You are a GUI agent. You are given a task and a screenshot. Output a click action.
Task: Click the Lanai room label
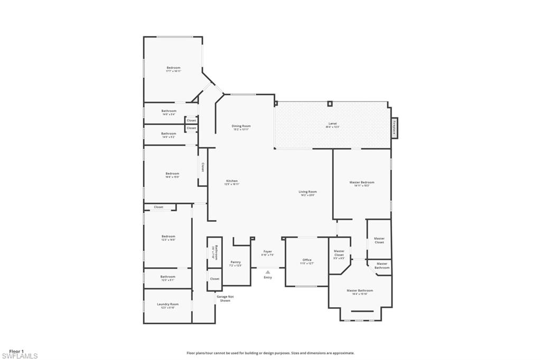(x=332, y=125)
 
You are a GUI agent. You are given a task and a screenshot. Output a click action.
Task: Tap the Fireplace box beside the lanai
(x=395, y=128)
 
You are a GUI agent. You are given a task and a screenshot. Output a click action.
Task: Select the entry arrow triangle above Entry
(x=268, y=272)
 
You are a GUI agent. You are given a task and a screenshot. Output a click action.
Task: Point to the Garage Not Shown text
(x=225, y=298)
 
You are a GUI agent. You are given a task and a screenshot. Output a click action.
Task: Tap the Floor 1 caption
(x=16, y=351)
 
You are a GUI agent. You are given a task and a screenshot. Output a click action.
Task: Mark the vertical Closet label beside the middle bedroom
(x=202, y=167)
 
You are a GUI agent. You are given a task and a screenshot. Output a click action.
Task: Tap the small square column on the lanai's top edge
(x=330, y=103)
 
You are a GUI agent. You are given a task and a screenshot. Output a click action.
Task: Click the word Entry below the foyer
(x=268, y=278)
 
